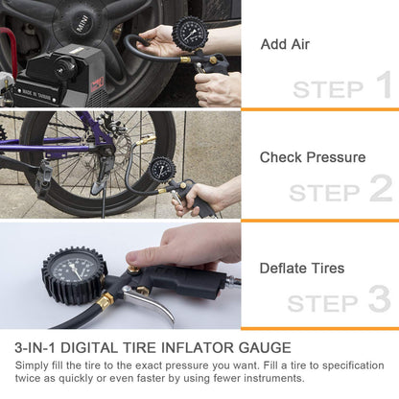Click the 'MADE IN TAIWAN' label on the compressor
point(40,94)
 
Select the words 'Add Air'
point(285,44)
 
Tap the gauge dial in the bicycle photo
point(163,170)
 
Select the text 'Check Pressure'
point(313,157)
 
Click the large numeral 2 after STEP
point(381,189)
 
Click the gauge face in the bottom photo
point(74,276)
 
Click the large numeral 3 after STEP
point(379,299)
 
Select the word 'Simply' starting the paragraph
point(35,365)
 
